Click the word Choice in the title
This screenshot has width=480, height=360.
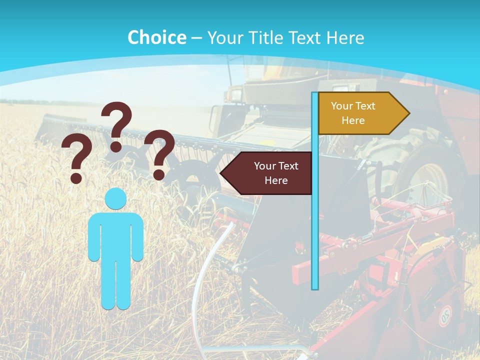coord(156,37)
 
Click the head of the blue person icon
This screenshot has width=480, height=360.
coord(115,199)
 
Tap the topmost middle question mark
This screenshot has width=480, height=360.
coord(116,125)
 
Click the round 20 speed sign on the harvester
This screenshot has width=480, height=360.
coord(444,315)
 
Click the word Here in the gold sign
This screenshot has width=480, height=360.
coord(353,120)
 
